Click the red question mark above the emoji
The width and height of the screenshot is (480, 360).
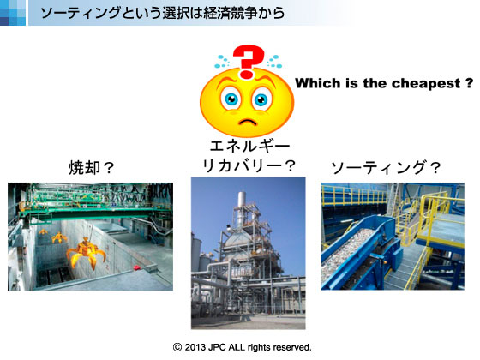pos(248,61)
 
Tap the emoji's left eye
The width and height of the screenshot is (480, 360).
pos(231,99)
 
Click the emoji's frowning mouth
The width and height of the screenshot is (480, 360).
pos(248,122)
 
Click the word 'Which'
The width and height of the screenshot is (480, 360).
pos(318,83)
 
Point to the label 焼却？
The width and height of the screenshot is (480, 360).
pos(91,167)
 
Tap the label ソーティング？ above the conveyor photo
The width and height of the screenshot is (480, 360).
pos(386,167)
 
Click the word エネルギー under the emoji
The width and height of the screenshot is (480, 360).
pos(249,146)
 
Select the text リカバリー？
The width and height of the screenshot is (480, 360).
pos(249,165)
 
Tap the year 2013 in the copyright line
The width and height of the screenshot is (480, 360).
pos(195,347)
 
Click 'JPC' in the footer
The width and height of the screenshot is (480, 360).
pos(217,347)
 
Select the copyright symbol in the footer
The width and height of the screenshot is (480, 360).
pos(177,347)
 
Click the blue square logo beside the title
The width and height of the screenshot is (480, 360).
pos(13,13)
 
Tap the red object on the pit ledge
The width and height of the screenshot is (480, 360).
pos(136,267)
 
